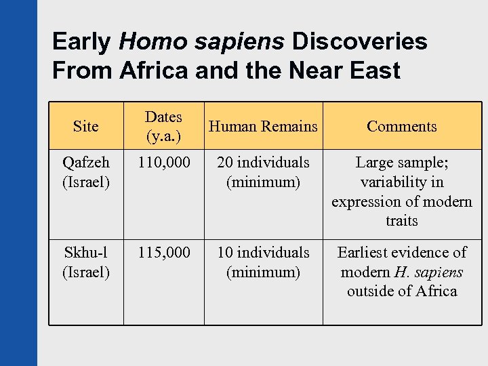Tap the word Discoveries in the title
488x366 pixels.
click(x=359, y=42)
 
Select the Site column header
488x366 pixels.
click(x=85, y=126)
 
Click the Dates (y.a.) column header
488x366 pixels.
click(x=163, y=126)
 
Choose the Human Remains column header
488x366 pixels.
click(x=263, y=126)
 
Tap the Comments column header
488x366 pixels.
click(x=401, y=126)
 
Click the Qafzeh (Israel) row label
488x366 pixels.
click(x=85, y=172)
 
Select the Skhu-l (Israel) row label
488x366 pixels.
click(x=85, y=262)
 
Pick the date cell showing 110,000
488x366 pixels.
click(x=163, y=163)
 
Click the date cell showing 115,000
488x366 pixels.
click(x=163, y=253)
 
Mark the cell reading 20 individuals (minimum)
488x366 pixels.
click(x=263, y=172)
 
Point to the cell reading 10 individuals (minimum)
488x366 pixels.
click(x=263, y=262)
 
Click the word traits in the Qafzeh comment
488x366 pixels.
click(x=401, y=221)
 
